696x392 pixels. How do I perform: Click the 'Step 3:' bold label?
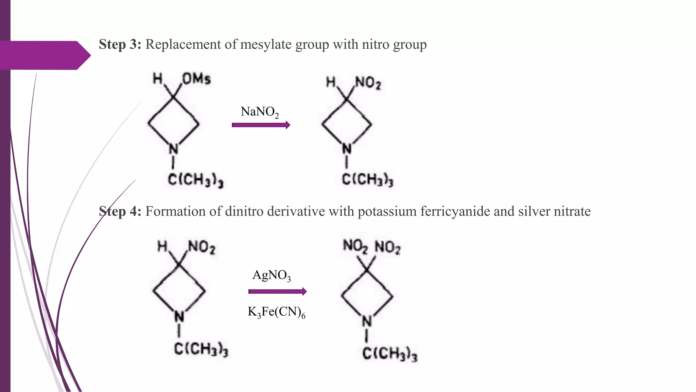click(x=120, y=45)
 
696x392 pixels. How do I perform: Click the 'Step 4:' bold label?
click(x=120, y=212)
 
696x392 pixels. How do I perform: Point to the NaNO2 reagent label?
click(x=260, y=112)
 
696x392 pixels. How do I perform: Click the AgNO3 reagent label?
click(x=272, y=275)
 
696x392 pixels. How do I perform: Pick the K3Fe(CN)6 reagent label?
click(x=276, y=312)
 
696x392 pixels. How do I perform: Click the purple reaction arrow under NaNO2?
click(x=261, y=125)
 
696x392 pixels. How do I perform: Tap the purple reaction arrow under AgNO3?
click(x=277, y=292)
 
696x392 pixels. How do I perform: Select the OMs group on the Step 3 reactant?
click(x=196, y=79)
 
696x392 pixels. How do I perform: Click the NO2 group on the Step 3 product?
click(x=368, y=83)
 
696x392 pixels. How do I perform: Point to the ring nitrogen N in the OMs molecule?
click(x=173, y=149)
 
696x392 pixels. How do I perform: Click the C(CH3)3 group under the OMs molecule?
click(x=195, y=180)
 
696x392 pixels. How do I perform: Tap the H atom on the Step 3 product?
click(x=331, y=82)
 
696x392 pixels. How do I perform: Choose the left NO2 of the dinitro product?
click(x=355, y=246)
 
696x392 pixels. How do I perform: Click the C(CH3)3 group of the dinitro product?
click(x=389, y=354)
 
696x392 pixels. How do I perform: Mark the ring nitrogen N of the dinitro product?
click(x=366, y=321)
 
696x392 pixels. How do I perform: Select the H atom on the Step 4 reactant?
click(x=162, y=246)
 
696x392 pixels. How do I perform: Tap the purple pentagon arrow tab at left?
click(x=44, y=55)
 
